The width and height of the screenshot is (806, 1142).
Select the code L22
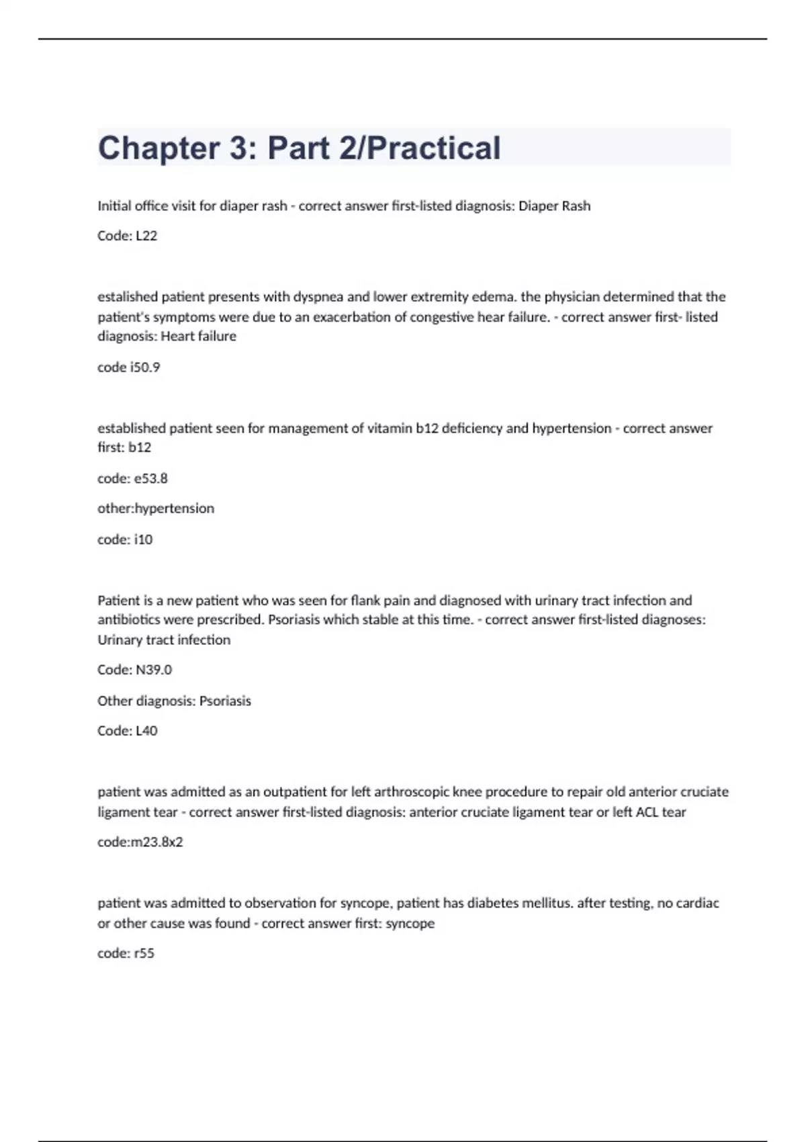[146, 236]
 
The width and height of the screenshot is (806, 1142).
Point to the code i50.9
[144, 367]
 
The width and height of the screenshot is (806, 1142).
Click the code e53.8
[151, 479]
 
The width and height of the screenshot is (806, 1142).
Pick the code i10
[143, 539]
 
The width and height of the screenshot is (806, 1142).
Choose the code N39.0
[154, 670]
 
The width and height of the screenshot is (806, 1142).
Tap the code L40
[146, 731]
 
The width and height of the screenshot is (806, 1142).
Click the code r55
[144, 953]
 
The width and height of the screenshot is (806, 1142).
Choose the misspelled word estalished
[128, 297]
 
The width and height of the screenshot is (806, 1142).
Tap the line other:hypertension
[156, 509]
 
